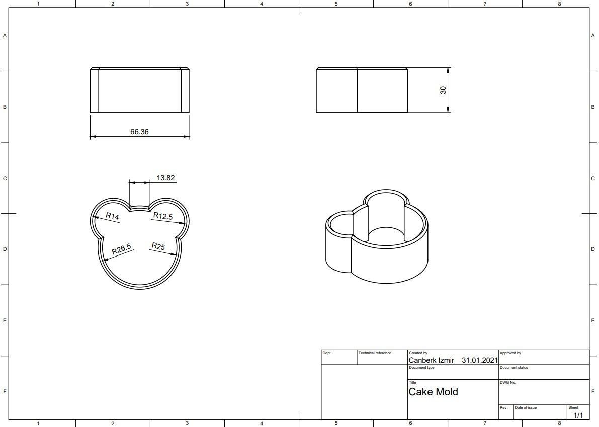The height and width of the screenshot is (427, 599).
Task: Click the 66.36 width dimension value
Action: click(139, 132)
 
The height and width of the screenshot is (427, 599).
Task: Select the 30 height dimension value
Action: click(443, 90)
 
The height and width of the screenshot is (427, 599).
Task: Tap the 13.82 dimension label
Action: click(165, 178)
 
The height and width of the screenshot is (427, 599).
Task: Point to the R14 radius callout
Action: click(112, 216)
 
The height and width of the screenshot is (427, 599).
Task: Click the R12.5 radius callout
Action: click(163, 216)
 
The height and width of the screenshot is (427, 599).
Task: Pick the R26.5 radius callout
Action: click(121, 249)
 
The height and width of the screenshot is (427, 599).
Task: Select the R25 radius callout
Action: click(158, 246)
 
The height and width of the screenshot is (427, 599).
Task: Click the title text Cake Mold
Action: click(433, 392)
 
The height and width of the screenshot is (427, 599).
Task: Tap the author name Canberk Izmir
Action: click(431, 360)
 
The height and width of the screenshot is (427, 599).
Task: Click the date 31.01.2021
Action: click(479, 360)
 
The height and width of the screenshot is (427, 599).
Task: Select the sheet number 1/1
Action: click(578, 415)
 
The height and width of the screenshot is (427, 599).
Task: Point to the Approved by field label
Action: click(510, 353)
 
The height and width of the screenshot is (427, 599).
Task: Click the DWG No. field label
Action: click(507, 383)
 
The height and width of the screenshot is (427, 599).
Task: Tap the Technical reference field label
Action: click(375, 353)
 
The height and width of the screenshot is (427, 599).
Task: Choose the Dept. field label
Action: click(327, 353)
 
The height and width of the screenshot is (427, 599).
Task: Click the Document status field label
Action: click(514, 368)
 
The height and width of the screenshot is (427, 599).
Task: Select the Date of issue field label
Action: click(526, 407)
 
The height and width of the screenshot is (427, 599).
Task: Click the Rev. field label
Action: click(503, 407)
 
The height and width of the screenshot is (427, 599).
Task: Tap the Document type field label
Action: click(421, 368)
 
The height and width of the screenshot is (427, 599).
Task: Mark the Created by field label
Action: click(418, 353)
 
